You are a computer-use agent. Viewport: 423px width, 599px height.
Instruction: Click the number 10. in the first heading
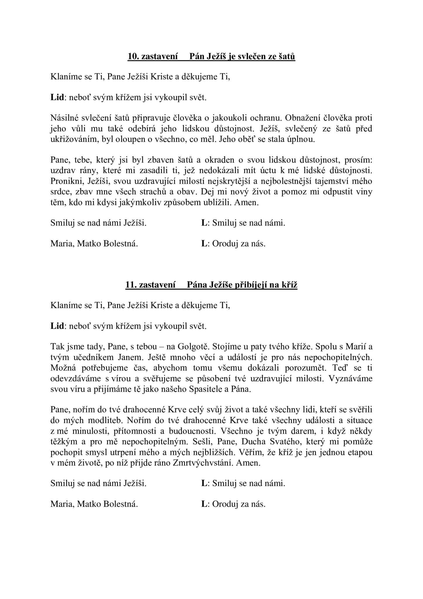pos(133,56)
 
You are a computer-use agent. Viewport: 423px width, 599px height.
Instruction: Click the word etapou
pos(359,452)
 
